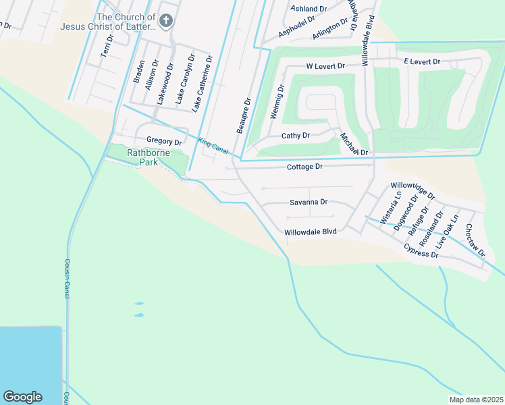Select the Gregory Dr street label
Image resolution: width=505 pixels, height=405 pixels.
164,142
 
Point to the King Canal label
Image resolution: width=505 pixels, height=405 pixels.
213,145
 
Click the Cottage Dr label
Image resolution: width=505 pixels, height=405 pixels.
304,167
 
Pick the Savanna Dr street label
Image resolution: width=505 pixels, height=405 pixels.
309,202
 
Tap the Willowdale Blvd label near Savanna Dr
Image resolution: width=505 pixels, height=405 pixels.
310,232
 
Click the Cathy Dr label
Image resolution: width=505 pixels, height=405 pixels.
295,136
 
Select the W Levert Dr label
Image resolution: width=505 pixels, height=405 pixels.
325,67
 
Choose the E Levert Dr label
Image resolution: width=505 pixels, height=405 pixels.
422,62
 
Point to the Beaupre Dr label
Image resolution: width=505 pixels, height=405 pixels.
244,115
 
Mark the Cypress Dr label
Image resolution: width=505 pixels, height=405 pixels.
421,251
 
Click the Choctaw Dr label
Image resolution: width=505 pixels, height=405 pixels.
475,240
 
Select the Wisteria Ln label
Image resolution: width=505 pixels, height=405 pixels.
391,208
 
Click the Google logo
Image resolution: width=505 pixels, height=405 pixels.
22,397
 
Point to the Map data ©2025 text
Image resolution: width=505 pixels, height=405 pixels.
475,400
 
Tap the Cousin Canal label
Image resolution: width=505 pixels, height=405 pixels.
68,279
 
